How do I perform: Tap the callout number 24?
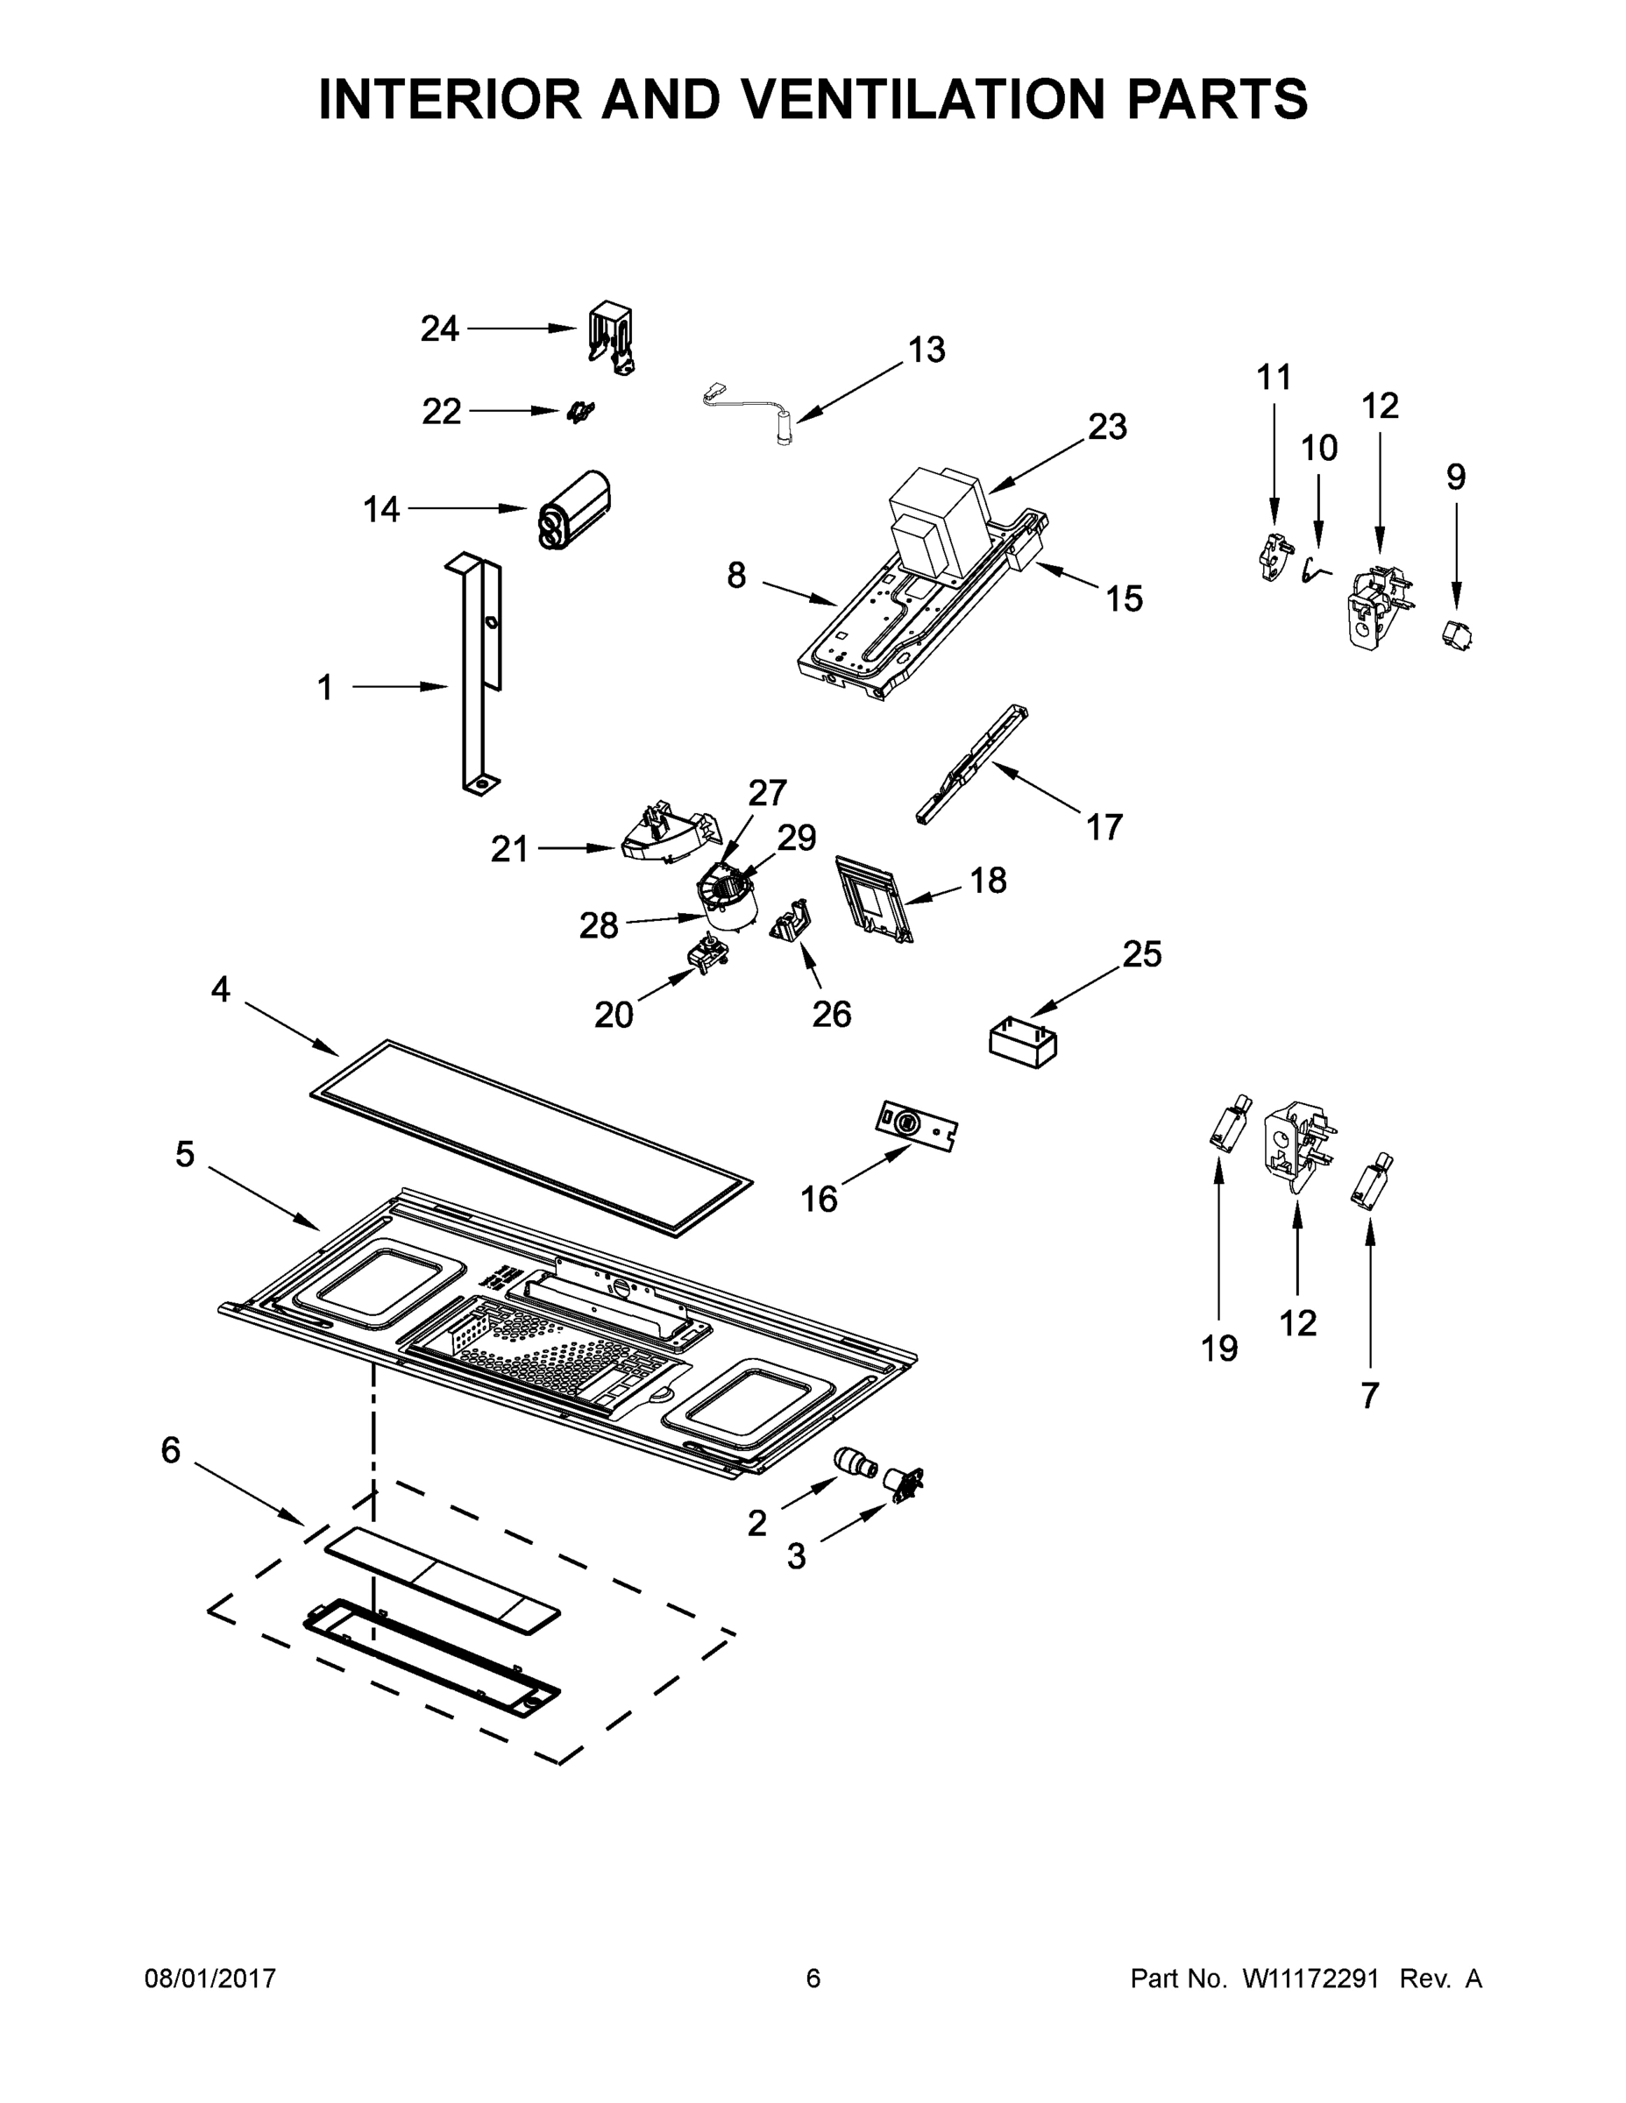click(439, 329)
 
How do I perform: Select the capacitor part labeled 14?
click(576, 509)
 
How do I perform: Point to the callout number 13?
click(927, 350)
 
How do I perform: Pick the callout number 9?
click(1455, 477)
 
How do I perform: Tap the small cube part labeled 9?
click(1458, 635)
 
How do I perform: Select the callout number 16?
click(819, 1199)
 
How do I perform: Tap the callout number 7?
click(1370, 1395)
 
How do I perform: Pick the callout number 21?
click(509, 848)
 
